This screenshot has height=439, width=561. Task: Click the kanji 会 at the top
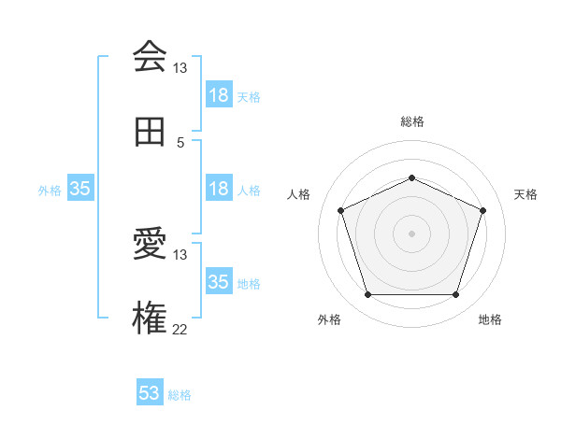pos(150,57)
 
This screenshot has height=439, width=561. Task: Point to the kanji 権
pos(150,318)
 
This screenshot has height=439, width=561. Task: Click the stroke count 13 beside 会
pos(180,68)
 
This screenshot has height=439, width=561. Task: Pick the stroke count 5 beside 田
pos(180,143)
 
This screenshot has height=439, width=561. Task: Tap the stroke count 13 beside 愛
pos(180,255)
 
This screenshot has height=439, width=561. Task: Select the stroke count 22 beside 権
pos(180,329)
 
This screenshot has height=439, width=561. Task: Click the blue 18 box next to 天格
pos(218,95)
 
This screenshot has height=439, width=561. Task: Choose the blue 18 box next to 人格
pos(218,189)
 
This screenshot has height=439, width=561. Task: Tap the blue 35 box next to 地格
pos(218,281)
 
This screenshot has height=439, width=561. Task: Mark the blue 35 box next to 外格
pos(79,189)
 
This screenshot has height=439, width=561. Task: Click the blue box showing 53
pos(150,393)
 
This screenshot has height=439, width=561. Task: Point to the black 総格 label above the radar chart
pos(411,121)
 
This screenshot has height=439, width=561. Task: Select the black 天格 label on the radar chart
pos(525,194)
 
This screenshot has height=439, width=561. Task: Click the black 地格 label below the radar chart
pos(490,320)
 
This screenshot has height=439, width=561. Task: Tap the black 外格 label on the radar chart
pos(329,320)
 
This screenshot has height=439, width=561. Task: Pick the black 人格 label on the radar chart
pos(299,194)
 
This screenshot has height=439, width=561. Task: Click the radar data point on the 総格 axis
pos(411,177)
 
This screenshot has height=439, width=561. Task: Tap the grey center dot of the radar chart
pos(411,234)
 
